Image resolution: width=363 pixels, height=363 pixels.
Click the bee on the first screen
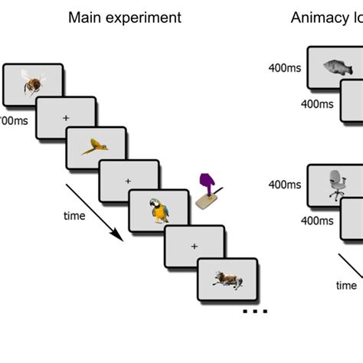point(32,84)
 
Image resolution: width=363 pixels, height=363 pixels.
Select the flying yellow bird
point(96,146)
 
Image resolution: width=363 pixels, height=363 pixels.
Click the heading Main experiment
point(125,18)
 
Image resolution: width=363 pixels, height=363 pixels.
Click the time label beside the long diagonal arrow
point(74,216)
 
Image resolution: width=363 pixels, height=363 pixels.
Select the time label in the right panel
point(346,286)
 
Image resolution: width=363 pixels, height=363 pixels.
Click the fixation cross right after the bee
point(64,116)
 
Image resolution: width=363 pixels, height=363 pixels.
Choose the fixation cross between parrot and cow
point(194,246)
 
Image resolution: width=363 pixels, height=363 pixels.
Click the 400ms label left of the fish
point(284,67)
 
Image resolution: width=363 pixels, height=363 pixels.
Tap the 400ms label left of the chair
point(284,184)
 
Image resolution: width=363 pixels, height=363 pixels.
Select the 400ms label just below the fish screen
point(316,103)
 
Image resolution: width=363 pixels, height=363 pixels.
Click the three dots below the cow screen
point(254,312)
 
